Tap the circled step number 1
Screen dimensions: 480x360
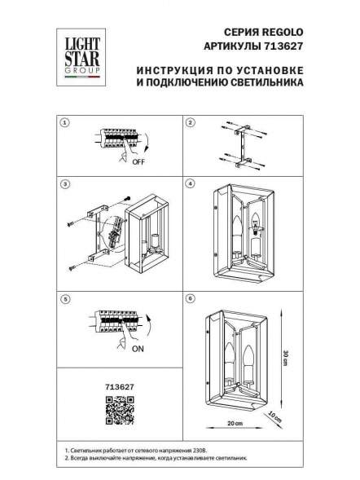point(66,124)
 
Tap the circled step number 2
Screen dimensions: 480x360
point(190,124)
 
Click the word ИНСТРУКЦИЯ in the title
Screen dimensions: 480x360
point(160,71)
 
